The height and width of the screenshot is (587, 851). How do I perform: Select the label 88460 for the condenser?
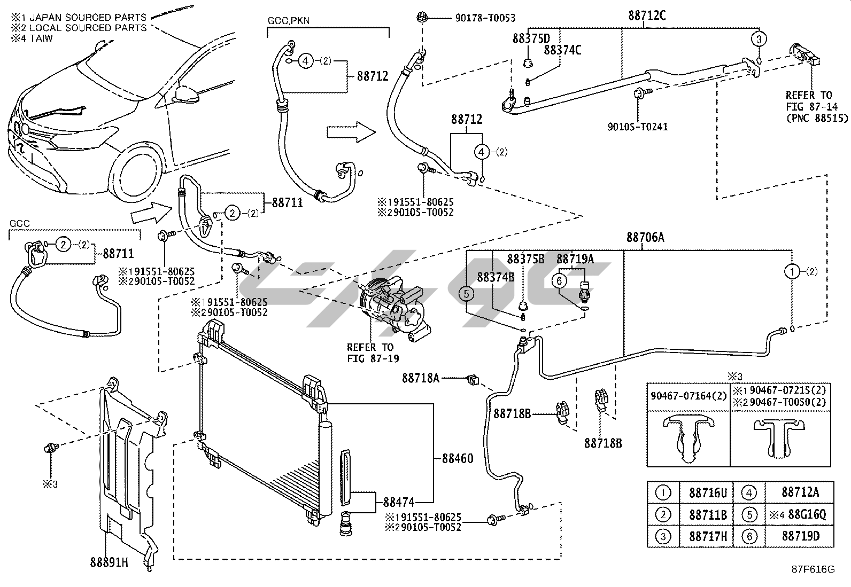click(x=457, y=458)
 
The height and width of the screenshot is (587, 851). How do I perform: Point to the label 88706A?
click(x=645, y=238)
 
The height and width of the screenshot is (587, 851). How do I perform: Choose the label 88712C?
click(x=647, y=15)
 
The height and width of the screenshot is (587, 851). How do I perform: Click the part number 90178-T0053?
click(x=485, y=18)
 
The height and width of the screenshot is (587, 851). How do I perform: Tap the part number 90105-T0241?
click(x=637, y=127)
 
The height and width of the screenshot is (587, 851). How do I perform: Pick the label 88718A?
click(x=421, y=378)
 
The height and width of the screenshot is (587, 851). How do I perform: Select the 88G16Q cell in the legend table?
click(x=799, y=515)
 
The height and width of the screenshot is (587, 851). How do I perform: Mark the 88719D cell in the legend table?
click(x=800, y=536)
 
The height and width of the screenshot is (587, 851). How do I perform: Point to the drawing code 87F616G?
click(x=813, y=569)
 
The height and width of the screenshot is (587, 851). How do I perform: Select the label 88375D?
click(x=531, y=38)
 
